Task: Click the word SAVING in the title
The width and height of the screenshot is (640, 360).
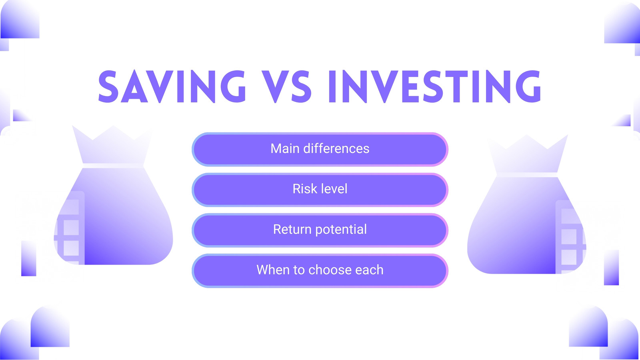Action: point(172,86)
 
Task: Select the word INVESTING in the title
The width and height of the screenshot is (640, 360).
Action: point(434,86)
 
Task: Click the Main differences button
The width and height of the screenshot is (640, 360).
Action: point(320,149)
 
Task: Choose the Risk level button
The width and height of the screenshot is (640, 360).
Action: point(320,190)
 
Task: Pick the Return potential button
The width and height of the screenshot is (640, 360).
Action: point(320,230)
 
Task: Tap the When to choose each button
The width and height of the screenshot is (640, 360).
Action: point(320,270)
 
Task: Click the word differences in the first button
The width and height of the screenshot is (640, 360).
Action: point(336,148)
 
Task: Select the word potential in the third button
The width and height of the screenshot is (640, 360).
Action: point(341,230)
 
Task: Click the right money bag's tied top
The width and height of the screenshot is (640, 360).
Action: point(527,154)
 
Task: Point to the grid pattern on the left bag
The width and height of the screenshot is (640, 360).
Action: point(70,228)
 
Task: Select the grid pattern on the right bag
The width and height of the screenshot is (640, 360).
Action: point(570,237)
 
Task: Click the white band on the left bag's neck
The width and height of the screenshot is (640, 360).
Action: point(113,166)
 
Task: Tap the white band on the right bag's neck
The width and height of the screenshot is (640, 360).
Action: point(527,175)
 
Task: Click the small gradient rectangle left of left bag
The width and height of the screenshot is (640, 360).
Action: point(29,258)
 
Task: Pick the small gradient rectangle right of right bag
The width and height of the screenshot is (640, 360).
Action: point(612,268)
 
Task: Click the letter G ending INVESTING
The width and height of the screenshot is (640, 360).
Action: point(528,86)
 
